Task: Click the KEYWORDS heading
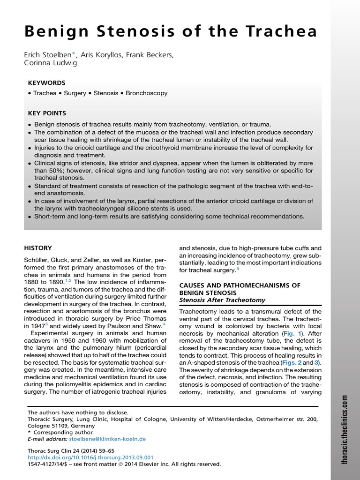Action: coord(46,82)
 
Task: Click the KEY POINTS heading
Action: coord(47,113)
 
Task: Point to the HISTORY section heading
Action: coord(38,248)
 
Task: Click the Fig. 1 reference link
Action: coord(290,334)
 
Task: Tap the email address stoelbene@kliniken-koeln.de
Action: coord(107,439)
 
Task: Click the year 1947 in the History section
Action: coord(39,325)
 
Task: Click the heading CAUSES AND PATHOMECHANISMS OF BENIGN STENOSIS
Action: coord(239,289)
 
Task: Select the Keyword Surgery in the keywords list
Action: coord(75,93)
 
